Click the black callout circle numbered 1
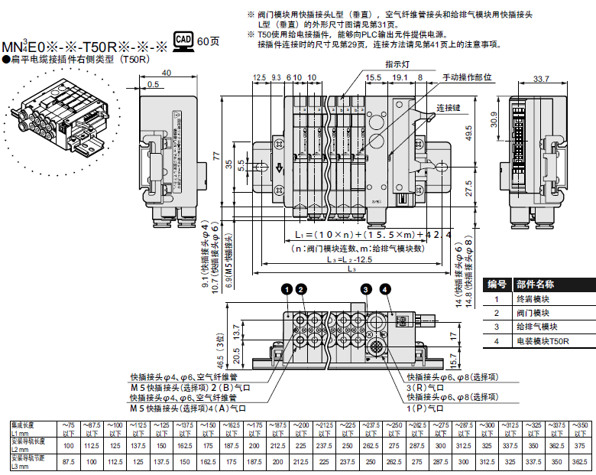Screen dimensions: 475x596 pyautogui.click(x=286, y=288)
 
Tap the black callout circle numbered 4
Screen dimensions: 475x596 pyautogui.click(x=385, y=288)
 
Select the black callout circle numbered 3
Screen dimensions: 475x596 pyautogui.click(x=367, y=288)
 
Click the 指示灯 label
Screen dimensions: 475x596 pyautogui.click(x=397, y=65)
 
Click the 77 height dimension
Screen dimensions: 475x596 pyautogui.click(x=216, y=155)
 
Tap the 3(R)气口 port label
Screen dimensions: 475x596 pyautogui.click(x=426, y=387)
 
